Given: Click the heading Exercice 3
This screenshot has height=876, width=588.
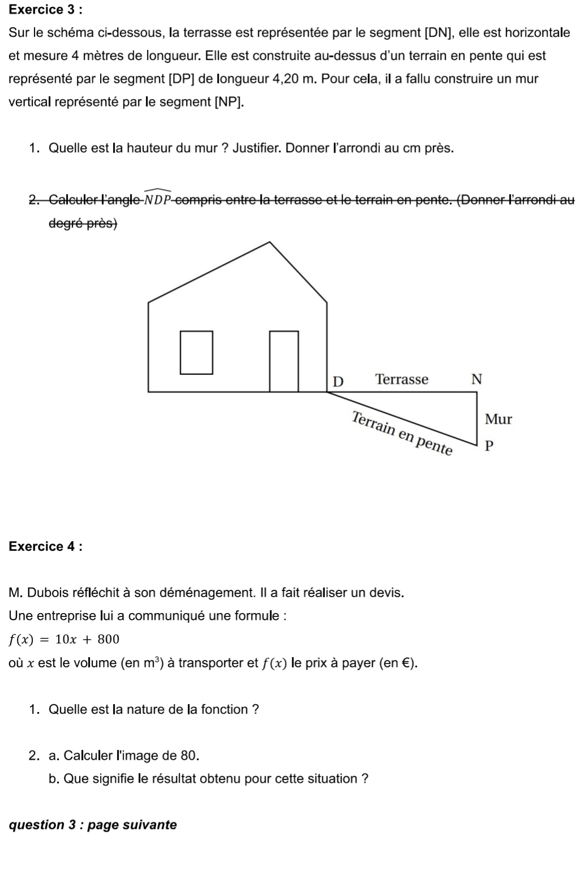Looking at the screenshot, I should click(44, 10).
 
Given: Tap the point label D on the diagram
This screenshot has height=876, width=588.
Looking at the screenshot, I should click(338, 381).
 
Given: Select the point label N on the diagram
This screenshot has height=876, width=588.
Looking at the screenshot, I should click(477, 379).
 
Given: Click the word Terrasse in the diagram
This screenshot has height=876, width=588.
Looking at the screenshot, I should click(402, 379).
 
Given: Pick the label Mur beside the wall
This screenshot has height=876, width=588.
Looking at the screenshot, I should click(498, 419).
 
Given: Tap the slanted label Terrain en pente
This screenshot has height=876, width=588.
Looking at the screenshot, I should click(402, 433).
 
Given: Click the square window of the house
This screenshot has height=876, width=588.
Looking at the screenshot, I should click(197, 353).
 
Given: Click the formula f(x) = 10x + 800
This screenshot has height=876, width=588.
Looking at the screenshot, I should click(64, 640).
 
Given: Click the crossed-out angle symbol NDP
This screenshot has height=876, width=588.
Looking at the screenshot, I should click(158, 199).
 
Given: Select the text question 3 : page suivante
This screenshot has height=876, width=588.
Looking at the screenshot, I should click(93, 825).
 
